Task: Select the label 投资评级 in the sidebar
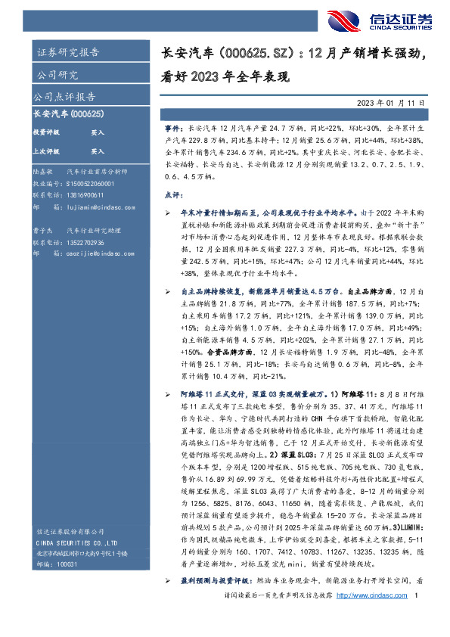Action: coord(46,132)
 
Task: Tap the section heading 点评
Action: coord(172,194)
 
